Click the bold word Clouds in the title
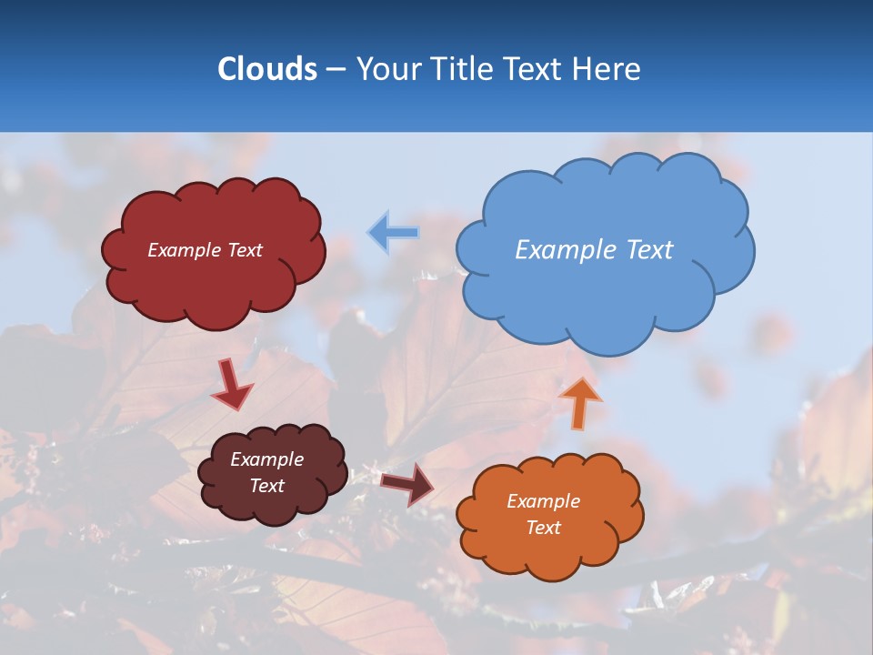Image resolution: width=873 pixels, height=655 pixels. point(266,69)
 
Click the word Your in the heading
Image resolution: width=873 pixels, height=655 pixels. point(385,69)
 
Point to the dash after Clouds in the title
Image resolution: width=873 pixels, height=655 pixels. point(335,70)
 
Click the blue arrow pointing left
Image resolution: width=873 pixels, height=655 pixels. point(393,233)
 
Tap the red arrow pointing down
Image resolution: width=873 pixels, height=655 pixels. point(231,384)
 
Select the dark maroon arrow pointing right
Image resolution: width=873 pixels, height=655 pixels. point(406,483)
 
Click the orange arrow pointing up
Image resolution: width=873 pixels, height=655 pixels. point(579,402)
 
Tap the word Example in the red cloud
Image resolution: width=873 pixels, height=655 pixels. point(183,250)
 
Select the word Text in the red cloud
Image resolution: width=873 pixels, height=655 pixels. point(243,250)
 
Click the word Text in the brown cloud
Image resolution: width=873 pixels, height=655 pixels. point(267,486)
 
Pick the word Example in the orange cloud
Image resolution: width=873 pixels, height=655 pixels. point(543,501)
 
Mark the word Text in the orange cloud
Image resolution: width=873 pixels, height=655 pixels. point(543,528)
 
